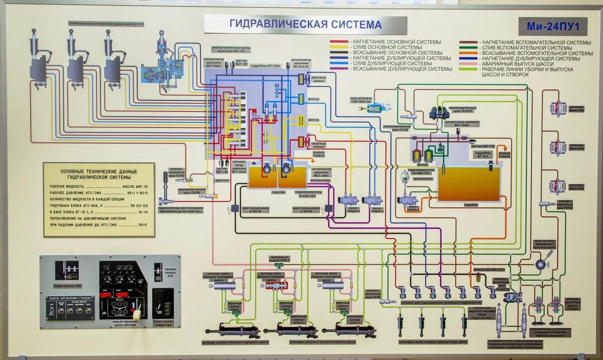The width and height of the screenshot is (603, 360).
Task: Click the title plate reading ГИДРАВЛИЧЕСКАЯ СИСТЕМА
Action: (305, 24)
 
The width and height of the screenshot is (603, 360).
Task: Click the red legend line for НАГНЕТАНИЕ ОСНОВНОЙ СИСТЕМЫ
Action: (340, 41)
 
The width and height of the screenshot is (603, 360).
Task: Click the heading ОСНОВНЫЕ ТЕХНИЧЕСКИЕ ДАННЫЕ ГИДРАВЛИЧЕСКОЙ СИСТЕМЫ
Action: (98, 174)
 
